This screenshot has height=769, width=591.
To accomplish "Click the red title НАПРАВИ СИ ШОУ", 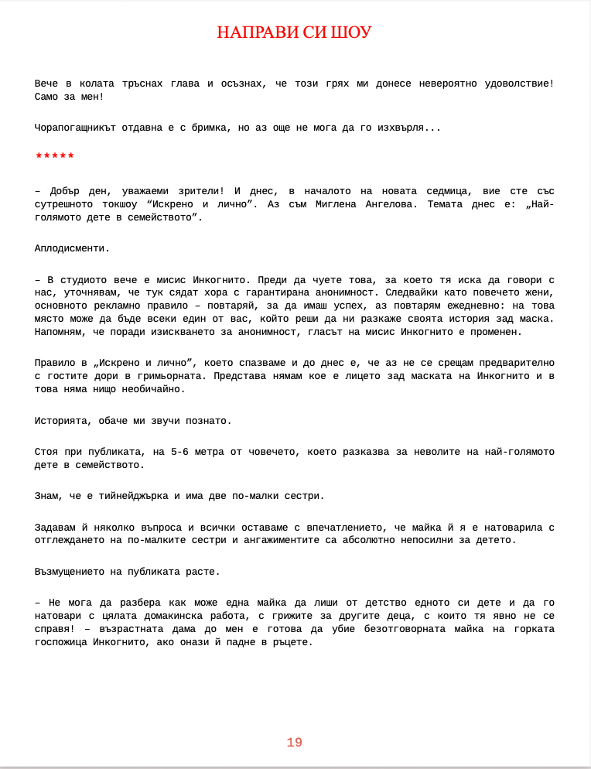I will (x=294, y=32).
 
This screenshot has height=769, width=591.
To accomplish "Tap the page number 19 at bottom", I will (x=294, y=743).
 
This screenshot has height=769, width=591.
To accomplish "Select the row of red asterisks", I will (x=55, y=157).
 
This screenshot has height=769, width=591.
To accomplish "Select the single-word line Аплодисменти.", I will (x=72, y=248).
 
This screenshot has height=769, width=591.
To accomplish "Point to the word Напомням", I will (x=60, y=332).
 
